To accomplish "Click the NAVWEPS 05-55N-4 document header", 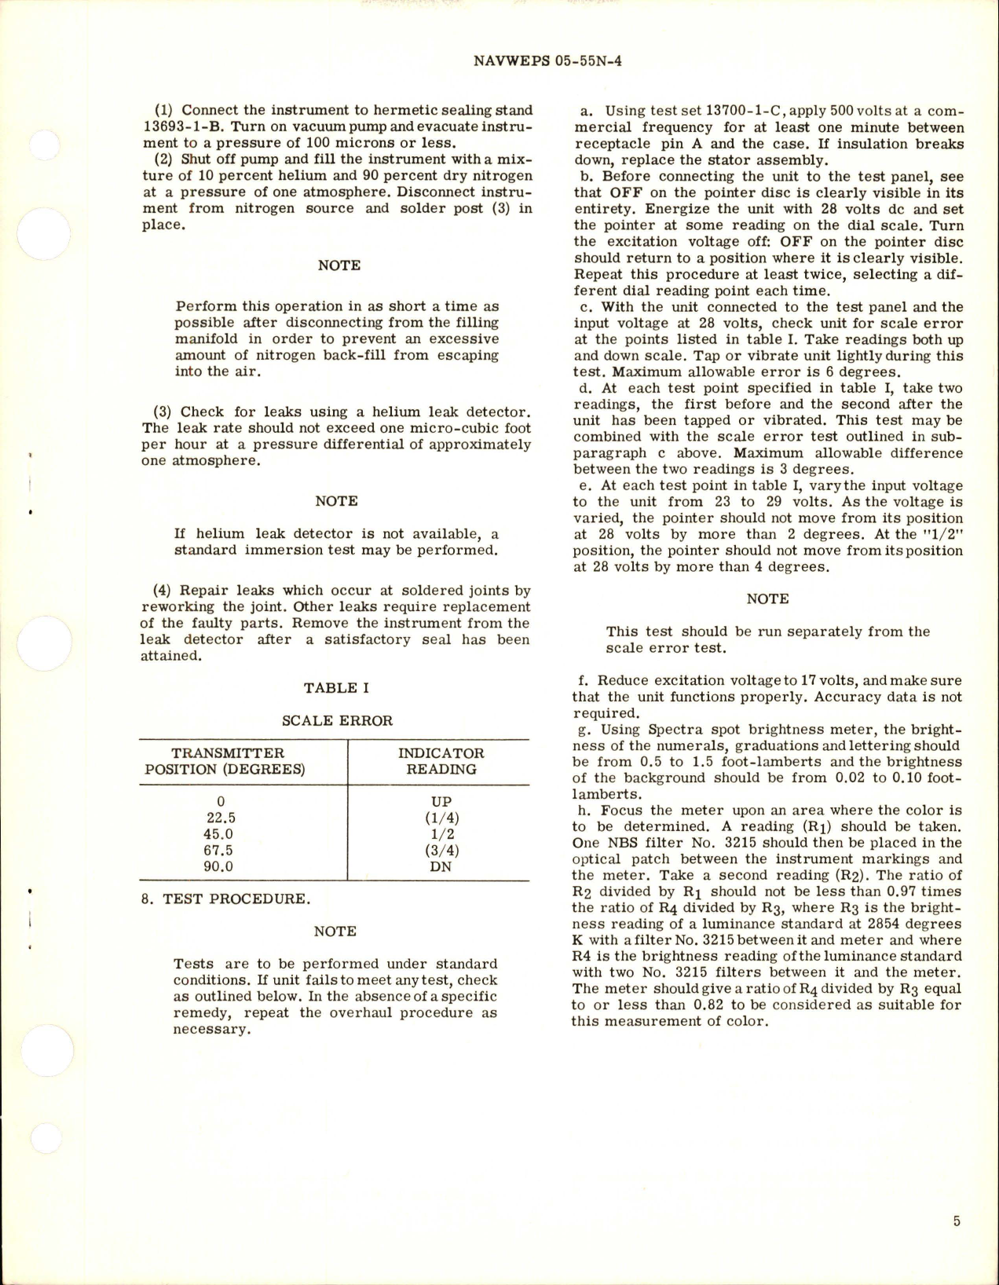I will [x=548, y=60].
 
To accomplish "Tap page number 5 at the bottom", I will [x=957, y=1221].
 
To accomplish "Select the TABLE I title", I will [x=336, y=688].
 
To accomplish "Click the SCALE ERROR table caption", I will [x=337, y=720].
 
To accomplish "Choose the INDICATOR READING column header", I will [x=441, y=761].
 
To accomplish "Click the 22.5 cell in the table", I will [x=221, y=818].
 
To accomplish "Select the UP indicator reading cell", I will [x=441, y=802].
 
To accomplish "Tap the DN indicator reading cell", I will [x=441, y=867].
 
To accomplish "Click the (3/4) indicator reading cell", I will [x=441, y=851].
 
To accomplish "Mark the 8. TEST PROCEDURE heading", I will [x=225, y=899].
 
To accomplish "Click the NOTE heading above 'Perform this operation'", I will [x=339, y=265].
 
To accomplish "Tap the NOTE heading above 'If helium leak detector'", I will [x=336, y=501].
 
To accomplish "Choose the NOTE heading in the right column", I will [x=767, y=599].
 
